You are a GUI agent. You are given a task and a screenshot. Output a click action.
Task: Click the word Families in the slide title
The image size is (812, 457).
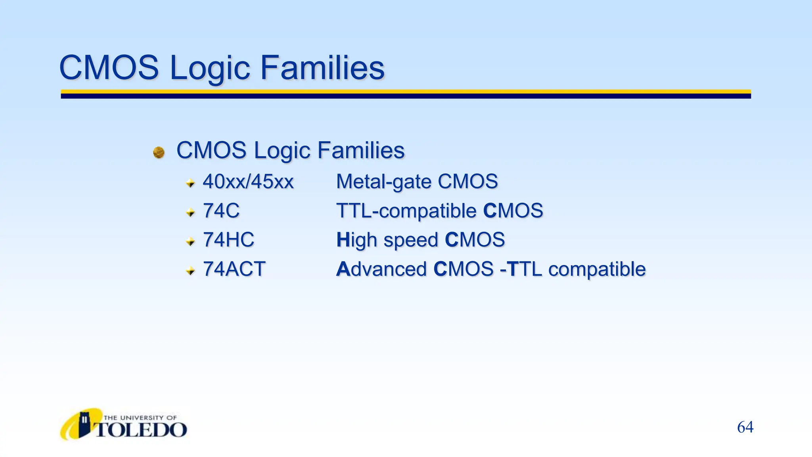[322, 68]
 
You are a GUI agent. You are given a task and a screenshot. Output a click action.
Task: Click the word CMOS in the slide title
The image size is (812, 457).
[109, 68]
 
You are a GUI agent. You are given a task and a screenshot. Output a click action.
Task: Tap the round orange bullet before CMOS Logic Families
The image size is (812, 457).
[159, 152]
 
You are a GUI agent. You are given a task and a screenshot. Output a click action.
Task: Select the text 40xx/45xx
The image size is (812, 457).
[248, 182]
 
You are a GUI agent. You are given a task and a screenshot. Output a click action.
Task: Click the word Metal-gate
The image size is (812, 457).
[383, 182]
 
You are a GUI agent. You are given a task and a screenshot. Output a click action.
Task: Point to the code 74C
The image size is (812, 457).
[221, 211]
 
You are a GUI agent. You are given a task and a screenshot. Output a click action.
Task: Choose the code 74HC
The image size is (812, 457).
[228, 240]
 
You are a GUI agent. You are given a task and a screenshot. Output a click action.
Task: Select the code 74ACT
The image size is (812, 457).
[234, 269]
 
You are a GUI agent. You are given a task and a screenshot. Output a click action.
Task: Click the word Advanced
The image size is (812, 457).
[381, 269]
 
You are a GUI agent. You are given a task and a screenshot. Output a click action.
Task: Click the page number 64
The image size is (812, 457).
[745, 427]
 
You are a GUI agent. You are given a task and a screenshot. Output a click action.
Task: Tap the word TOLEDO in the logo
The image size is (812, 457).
[141, 430]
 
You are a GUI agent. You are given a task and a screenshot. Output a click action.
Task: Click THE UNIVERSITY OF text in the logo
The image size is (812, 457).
[140, 418]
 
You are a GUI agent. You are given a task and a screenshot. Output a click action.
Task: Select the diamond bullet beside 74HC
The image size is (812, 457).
[190, 241]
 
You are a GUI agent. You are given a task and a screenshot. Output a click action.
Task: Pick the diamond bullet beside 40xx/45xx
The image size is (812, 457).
[190, 183]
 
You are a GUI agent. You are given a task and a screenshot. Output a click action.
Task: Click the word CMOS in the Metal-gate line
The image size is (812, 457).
[467, 182]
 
